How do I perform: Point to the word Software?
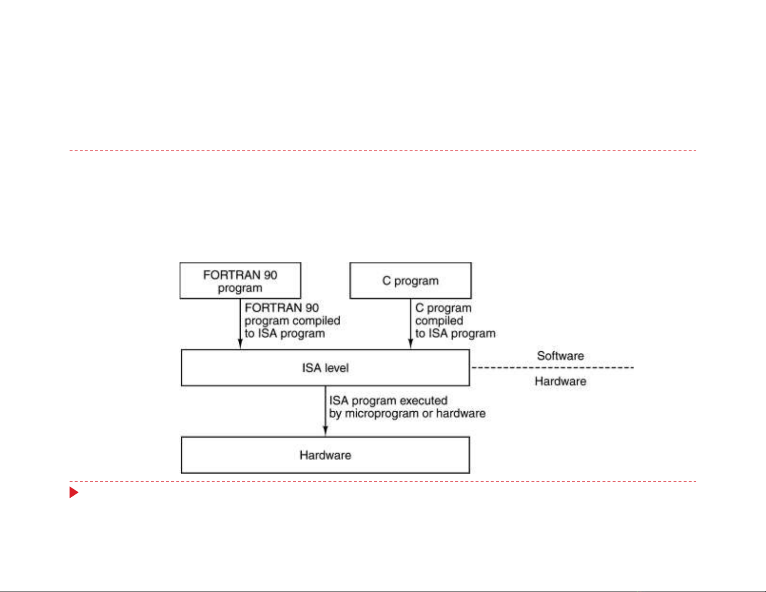coord(561,356)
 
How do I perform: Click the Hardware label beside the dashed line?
coord(561,381)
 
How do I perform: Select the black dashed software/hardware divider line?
coord(553,368)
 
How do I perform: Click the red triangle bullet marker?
coord(73,492)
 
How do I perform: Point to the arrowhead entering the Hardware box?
coord(325,431)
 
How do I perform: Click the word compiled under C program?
coord(439,321)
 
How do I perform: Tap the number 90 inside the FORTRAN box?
coord(270,275)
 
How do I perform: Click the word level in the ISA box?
coord(337,368)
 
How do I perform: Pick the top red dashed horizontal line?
coord(383,151)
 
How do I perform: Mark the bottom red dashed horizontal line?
coord(383,481)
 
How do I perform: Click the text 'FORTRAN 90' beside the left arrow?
coord(282,308)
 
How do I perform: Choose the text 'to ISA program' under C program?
coord(455,333)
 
